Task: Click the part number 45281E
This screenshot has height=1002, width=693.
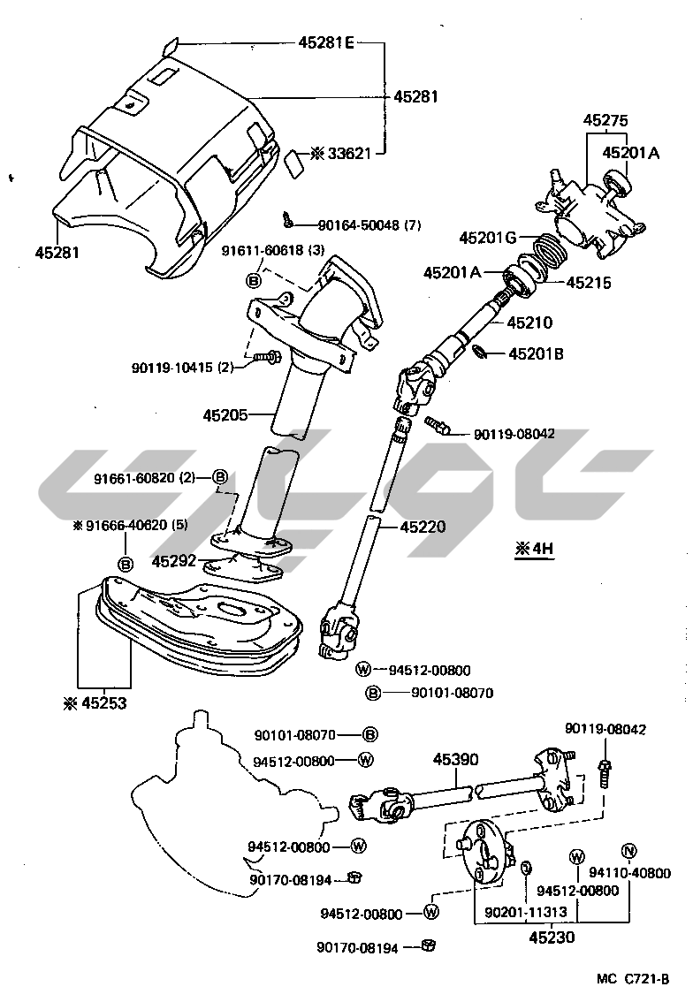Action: (324, 43)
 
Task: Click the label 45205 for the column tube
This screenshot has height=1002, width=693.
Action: (225, 414)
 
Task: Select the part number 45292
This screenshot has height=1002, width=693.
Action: (173, 560)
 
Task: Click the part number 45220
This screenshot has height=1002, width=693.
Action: (423, 527)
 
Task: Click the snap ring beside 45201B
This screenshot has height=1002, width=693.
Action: (477, 353)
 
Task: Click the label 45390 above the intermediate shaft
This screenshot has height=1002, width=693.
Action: (456, 759)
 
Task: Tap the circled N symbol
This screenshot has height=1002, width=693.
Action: (629, 851)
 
